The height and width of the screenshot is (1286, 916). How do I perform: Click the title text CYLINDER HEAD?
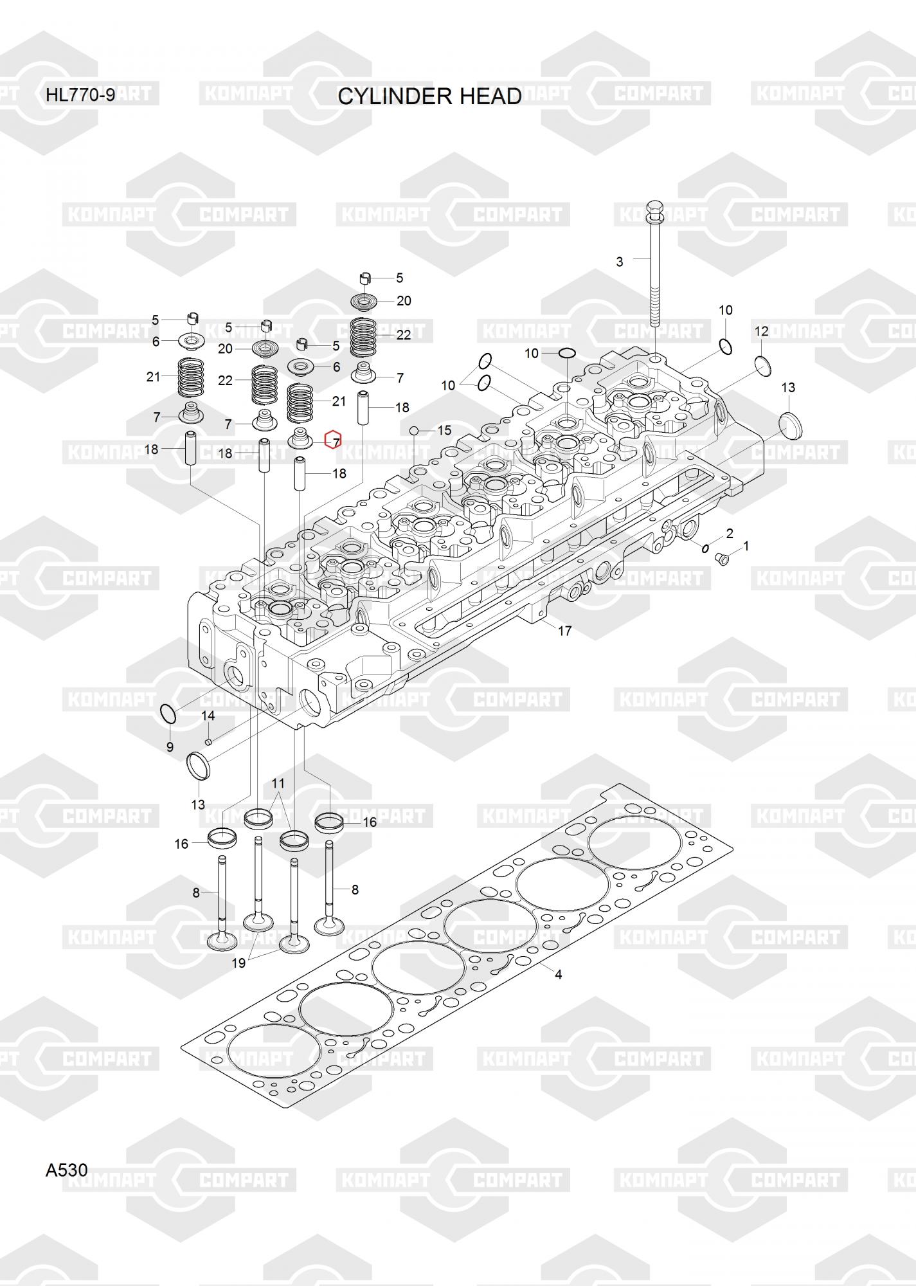pos(429,96)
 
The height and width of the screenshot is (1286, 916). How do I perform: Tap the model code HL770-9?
pos(80,96)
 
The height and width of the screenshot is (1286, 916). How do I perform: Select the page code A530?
pos(66,1170)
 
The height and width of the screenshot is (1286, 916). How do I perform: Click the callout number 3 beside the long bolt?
pos(620,262)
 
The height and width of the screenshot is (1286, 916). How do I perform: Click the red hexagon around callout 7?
pos(333,440)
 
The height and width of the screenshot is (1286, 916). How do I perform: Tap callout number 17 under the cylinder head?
pos(564,631)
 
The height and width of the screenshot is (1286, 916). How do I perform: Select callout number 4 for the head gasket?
pos(558,974)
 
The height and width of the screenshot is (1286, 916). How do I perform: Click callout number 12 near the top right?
pos(761,331)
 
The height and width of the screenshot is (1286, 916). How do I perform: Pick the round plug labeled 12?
pos(763,365)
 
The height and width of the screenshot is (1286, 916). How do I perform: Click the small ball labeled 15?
pos(414,430)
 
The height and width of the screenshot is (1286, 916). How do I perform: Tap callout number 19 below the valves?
pos(238,963)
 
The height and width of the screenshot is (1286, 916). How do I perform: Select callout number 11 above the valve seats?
pos(278,783)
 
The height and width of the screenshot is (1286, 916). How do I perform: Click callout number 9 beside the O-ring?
pos(170,747)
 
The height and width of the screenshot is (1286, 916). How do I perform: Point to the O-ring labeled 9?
pos(167,712)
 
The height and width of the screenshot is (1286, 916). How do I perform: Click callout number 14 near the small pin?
pos(208,716)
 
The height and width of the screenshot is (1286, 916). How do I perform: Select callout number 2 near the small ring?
pos(730,533)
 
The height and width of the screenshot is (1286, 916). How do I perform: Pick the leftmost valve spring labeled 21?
pos(191,378)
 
